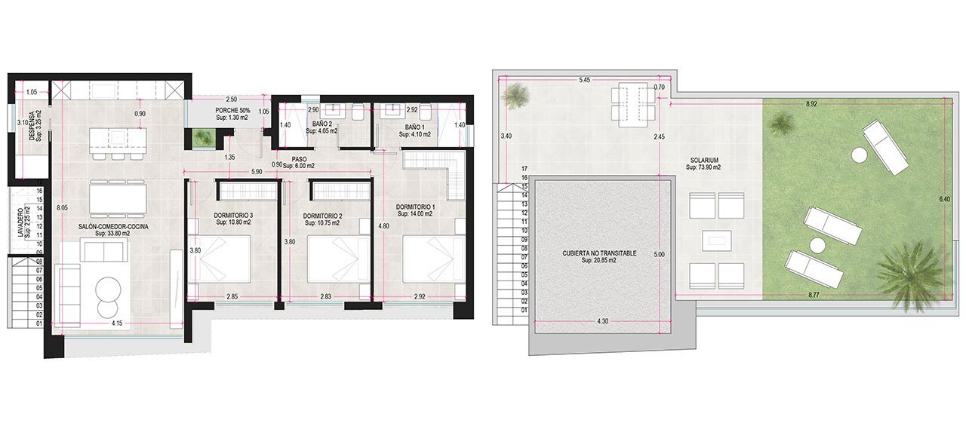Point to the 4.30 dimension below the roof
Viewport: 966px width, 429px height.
[602, 320]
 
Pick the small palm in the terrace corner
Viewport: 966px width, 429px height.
[517, 95]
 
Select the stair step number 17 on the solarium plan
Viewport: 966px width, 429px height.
[523, 169]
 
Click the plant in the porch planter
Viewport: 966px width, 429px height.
[202, 137]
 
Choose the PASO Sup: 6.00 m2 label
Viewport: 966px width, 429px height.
[299, 162]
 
